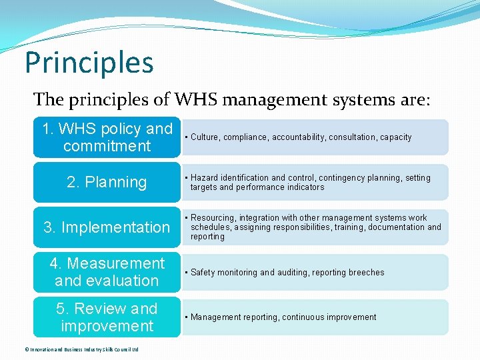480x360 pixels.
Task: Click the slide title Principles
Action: [89, 63]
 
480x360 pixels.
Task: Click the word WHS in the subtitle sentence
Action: [197, 100]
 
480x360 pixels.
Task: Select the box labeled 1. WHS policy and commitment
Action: [107, 137]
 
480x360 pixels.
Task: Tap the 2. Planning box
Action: [107, 182]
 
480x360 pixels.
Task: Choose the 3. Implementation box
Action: [107, 227]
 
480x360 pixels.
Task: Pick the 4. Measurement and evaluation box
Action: [107, 272]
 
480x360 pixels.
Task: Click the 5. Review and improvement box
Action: [107, 317]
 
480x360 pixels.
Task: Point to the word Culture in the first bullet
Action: [205, 137]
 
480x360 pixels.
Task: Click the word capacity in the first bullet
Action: [396, 137]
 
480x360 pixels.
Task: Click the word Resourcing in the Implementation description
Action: [213, 218]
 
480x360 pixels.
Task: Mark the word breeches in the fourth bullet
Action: [365, 273]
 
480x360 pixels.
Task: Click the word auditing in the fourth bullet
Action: [295, 273]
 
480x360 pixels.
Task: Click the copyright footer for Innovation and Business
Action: [71, 349]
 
